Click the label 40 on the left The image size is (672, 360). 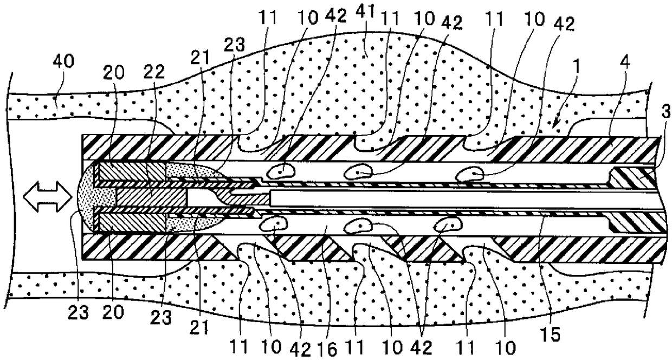[63, 62]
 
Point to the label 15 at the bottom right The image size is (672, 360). [552, 334]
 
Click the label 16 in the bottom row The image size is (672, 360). [329, 349]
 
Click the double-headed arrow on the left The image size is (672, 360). [48, 197]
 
